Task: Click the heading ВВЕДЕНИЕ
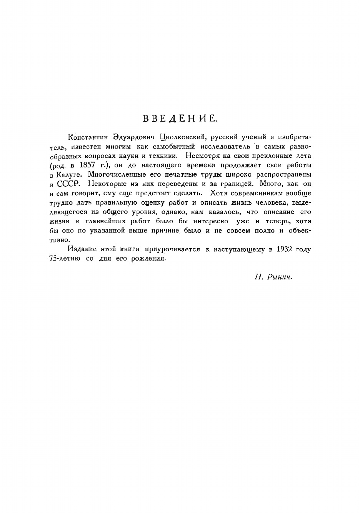pyautogui.click(x=180, y=118)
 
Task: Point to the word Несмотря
pyautogui.click(x=199, y=156)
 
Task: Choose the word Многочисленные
pyautogui.click(x=113, y=174)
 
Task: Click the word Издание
pyautogui.click(x=82, y=249)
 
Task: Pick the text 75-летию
pyautogui.click(x=65, y=259)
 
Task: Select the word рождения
pyautogui.click(x=148, y=259)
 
